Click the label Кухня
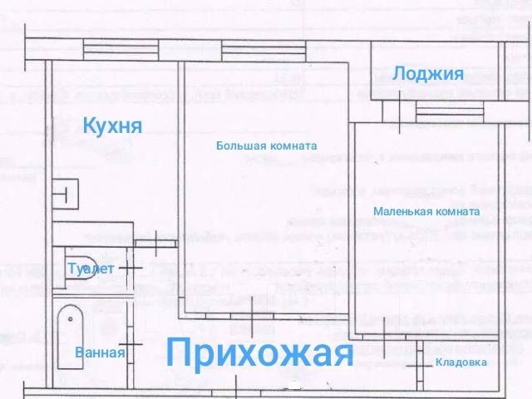112,126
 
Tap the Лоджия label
427,74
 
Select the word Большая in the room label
241,145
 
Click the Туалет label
91,268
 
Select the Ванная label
100,352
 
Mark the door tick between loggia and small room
403,107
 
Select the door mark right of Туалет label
130,267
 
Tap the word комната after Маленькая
456,211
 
